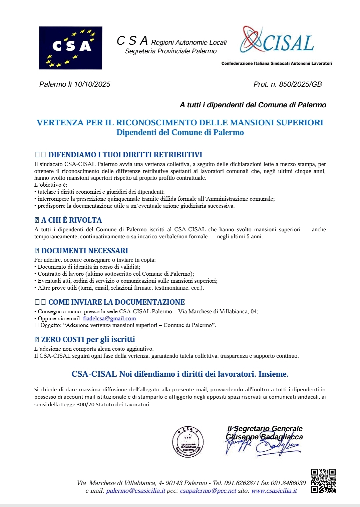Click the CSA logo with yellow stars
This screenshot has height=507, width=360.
pyautogui.click(x=70, y=48)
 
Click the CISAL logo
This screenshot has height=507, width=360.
pyautogui.click(x=277, y=40)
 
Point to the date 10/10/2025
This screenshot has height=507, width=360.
pyautogui.click(x=92, y=84)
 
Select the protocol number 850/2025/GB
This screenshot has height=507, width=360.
pyautogui.click(x=300, y=84)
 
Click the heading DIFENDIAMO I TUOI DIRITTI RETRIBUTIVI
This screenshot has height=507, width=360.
pyautogui.click(x=125, y=155)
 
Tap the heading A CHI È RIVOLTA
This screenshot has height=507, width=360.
pyautogui.click(x=71, y=220)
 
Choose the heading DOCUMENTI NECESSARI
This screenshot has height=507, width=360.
pyautogui.click(x=84, y=251)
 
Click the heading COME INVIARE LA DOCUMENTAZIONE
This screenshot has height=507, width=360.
pyautogui.click(x=116, y=302)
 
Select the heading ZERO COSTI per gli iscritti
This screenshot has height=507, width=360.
pyautogui.click(x=88, y=339)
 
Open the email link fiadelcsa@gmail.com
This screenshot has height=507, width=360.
pyautogui.click(x=109, y=318)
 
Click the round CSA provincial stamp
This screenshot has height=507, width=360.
pyautogui.click(x=188, y=442)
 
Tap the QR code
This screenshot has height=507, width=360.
pyautogui.click(x=323, y=481)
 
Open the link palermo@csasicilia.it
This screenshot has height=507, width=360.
pyautogui.click(x=135, y=491)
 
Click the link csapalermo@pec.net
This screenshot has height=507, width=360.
pyautogui.click(x=208, y=491)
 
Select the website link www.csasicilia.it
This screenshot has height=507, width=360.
pyautogui.click(x=274, y=491)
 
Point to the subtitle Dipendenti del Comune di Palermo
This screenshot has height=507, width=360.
pyautogui.click(x=180, y=132)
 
